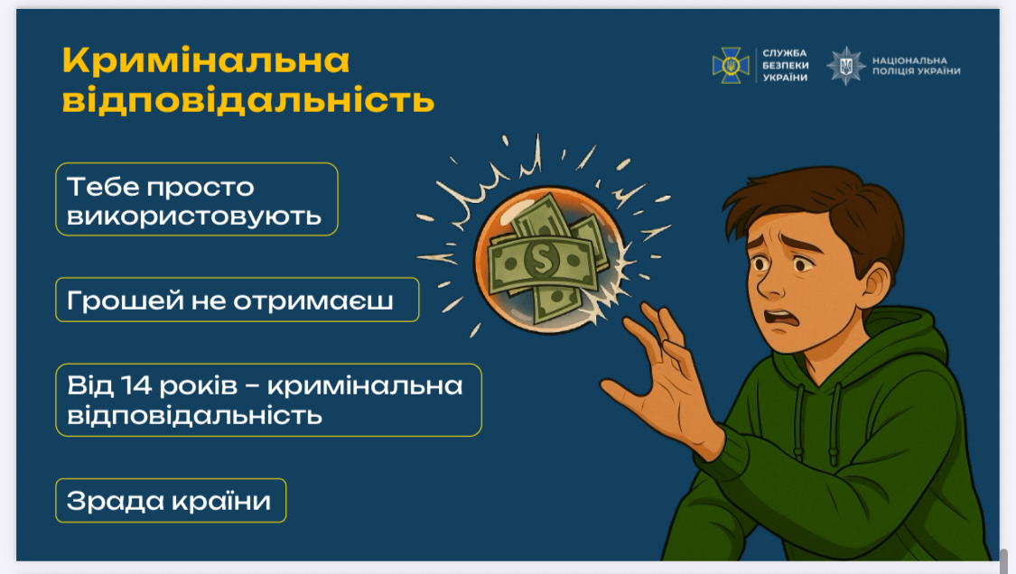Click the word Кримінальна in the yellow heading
206,60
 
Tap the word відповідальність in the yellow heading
248,100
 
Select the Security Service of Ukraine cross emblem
731,65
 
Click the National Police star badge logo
845,66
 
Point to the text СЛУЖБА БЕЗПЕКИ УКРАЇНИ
785,66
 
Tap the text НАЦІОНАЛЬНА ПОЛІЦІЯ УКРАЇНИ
917,66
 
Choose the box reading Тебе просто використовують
197,199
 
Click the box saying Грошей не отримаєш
238,300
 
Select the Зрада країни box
171,500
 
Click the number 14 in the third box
135,385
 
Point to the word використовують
194,217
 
